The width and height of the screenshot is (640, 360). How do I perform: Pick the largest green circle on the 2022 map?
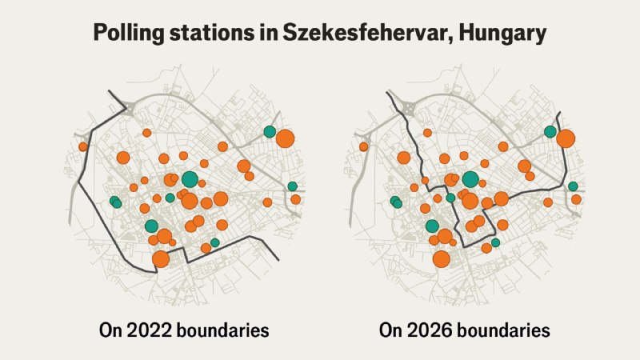(190, 179)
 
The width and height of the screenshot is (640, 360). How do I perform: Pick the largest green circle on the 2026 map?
(470, 179)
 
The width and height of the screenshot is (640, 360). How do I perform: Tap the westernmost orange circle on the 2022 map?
(83, 147)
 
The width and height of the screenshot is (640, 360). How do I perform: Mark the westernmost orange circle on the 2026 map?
(364, 147)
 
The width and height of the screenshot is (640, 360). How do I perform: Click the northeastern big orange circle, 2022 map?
(285, 138)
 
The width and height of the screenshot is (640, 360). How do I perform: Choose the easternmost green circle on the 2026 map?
(573, 186)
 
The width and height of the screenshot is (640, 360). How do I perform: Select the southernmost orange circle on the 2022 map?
(161, 259)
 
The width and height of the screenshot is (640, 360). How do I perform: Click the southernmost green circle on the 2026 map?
(495, 242)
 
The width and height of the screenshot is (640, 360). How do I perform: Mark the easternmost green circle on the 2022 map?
(292, 186)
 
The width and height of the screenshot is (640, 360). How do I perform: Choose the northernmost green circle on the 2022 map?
(270, 132)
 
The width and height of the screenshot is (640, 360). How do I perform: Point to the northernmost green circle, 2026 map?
(550, 132)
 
